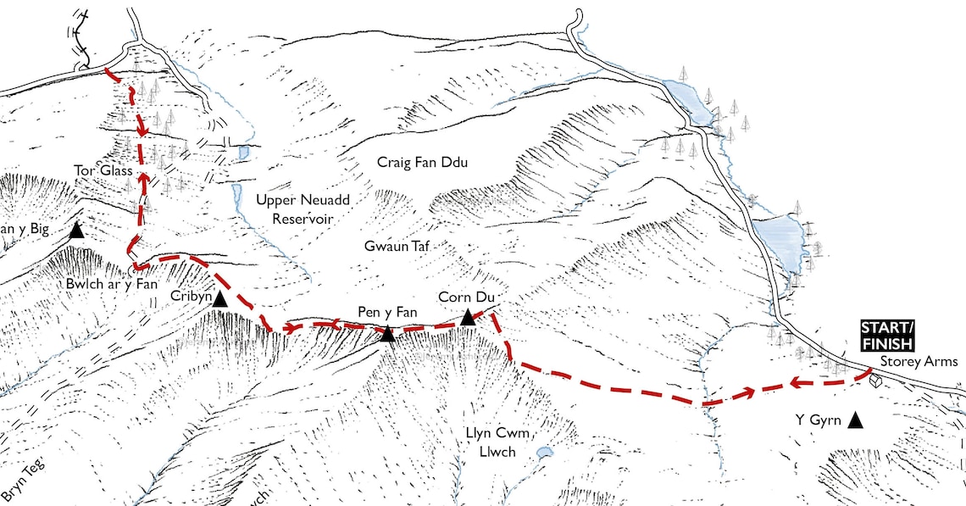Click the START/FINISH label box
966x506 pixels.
tap(886, 336)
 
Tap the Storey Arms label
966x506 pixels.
tap(919, 362)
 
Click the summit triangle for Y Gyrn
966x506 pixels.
tap(856, 419)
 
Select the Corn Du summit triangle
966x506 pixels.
tap(467, 318)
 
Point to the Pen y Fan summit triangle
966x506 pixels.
tap(387, 334)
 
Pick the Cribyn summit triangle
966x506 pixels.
tap(220, 299)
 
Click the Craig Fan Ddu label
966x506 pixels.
tap(423, 162)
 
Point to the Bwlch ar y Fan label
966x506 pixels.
tap(111, 285)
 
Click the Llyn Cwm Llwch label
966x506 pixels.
tap(498, 442)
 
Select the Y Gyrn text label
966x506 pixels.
tap(818, 418)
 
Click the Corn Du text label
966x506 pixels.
tap(466, 297)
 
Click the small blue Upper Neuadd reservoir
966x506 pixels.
tap(243, 153)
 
